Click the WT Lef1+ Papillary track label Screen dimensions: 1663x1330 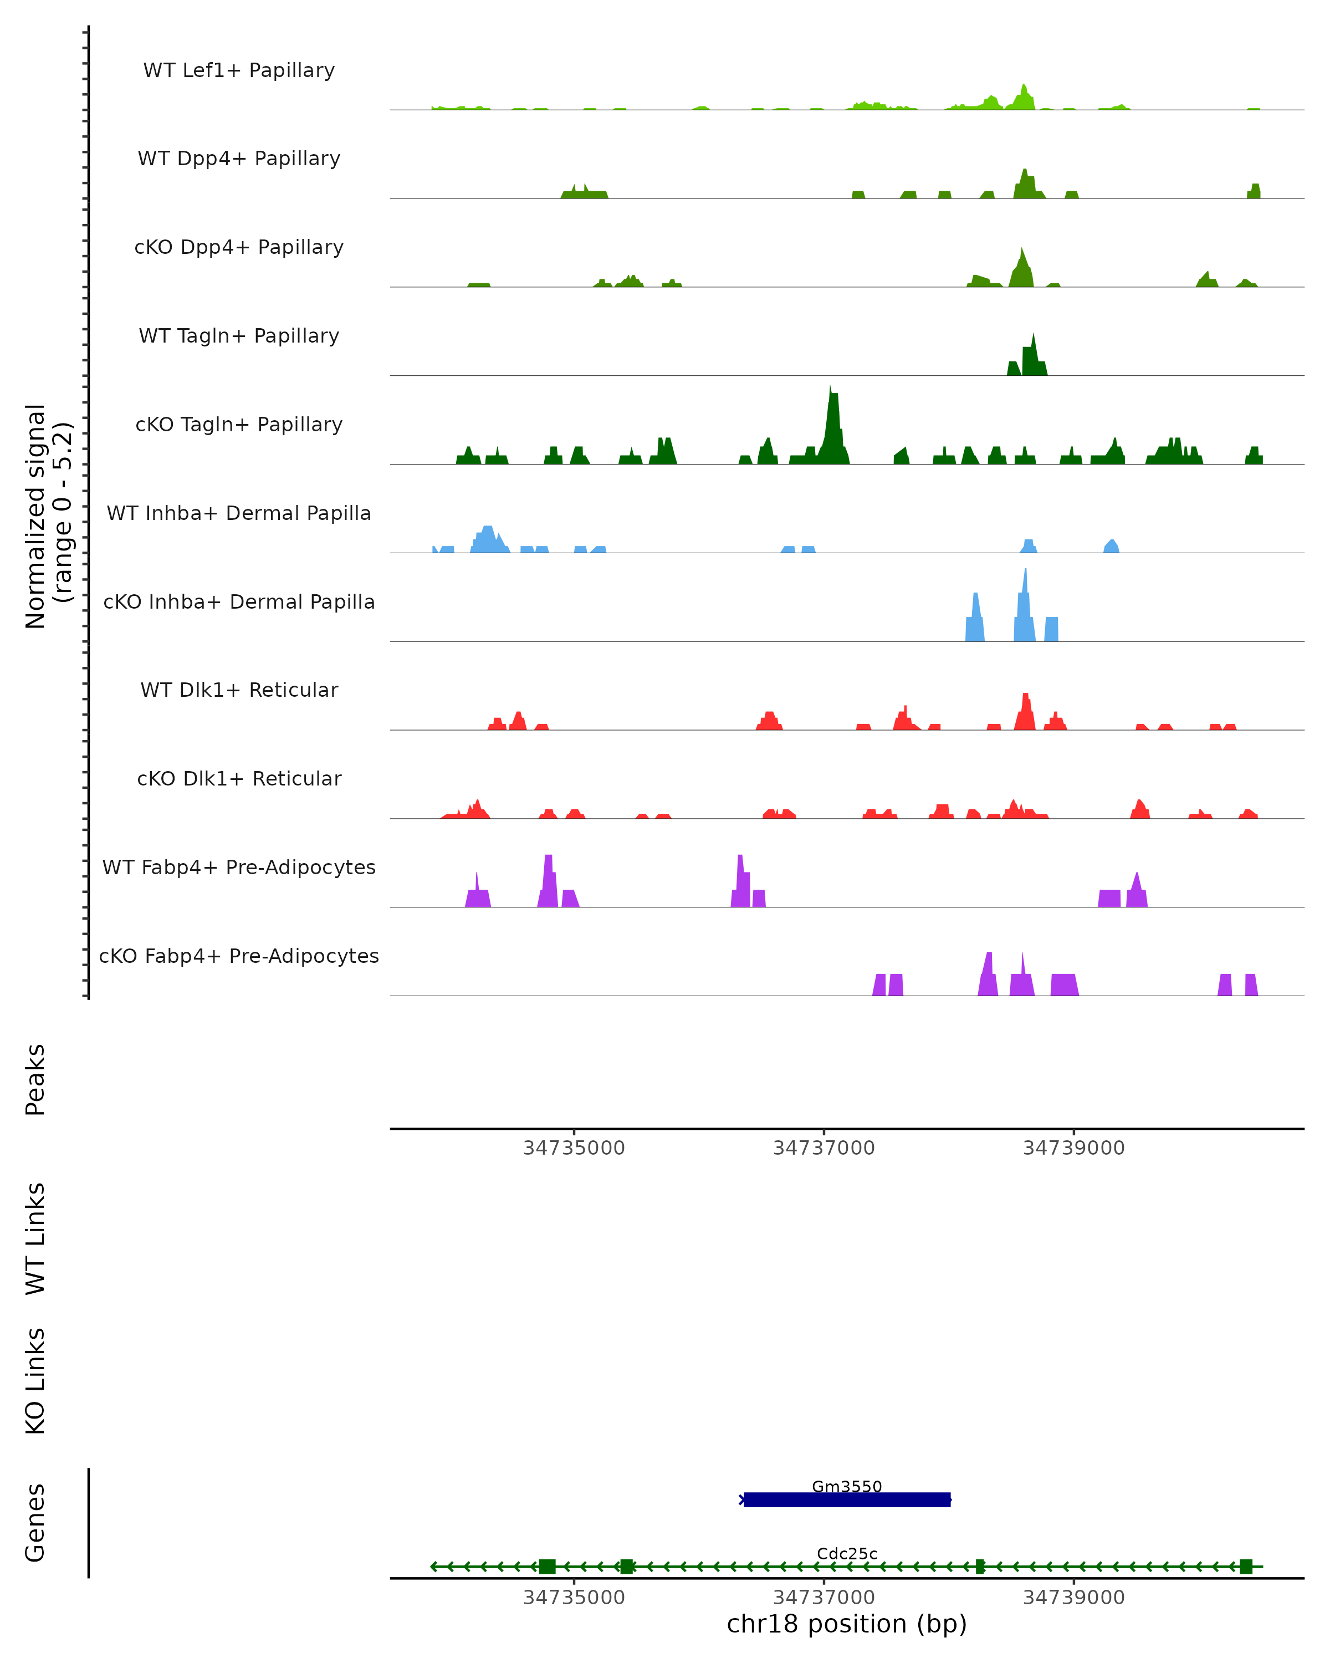pos(239,70)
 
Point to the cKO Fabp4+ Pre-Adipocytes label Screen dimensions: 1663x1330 pos(239,956)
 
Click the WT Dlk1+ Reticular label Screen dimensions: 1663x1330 pos(239,690)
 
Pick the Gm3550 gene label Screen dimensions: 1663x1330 pos(847,1486)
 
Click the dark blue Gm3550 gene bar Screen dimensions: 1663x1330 pos(847,1500)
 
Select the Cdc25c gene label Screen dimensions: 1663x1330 pos(847,1553)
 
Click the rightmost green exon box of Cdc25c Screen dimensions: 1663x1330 pos(1245,1567)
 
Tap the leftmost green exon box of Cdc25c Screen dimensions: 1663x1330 pos(546,1567)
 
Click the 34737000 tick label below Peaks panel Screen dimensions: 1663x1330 pos(823,1148)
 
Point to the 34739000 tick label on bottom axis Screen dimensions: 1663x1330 pos(1073,1598)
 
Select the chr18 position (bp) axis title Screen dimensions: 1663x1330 pos(847,1624)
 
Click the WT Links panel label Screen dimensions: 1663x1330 pos(35,1239)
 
